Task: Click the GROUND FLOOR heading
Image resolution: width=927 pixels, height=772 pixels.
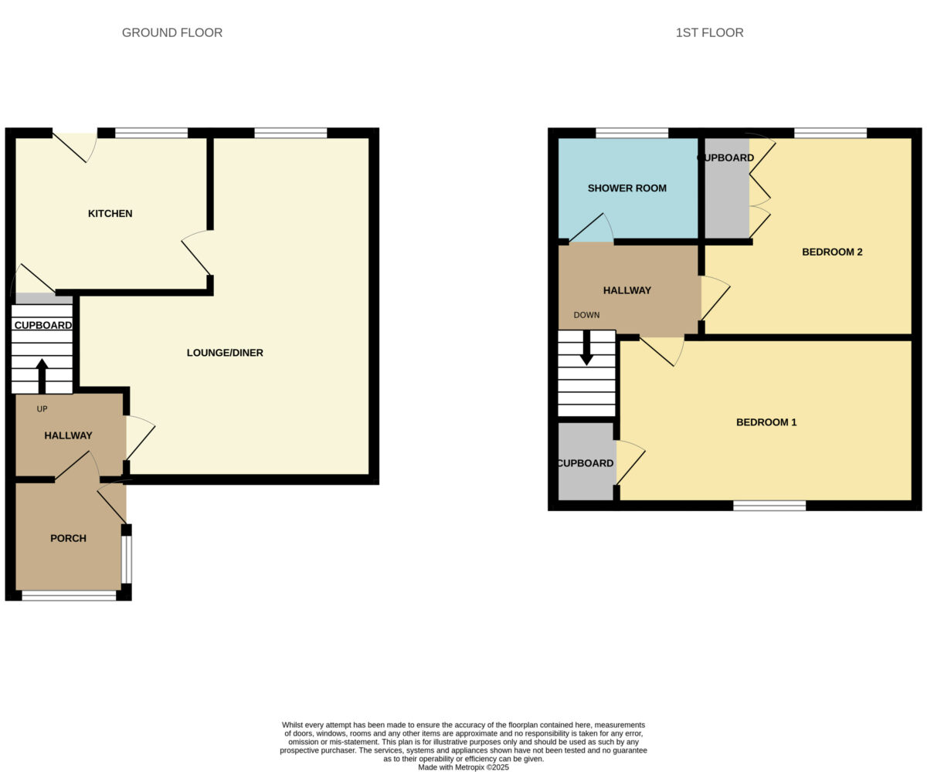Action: (x=172, y=33)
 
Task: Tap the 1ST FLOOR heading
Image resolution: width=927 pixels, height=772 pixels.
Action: (x=709, y=33)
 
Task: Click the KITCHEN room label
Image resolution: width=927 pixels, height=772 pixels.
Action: (x=110, y=213)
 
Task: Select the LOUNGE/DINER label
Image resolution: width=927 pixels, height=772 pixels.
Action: (x=225, y=353)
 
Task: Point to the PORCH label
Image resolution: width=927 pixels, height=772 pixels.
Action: (x=69, y=538)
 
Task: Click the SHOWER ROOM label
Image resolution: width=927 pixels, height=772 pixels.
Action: (x=626, y=188)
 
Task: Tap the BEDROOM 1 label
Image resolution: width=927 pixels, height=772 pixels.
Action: (x=766, y=422)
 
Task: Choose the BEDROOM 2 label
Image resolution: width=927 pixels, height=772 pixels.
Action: (x=832, y=252)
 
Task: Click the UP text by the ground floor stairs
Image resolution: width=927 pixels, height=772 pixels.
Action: (x=42, y=409)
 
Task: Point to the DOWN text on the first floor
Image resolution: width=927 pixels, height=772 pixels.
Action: (x=586, y=315)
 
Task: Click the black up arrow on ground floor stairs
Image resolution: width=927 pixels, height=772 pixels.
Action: (x=42, y=376)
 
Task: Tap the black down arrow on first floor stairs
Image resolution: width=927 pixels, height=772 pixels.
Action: (x=587, y=348)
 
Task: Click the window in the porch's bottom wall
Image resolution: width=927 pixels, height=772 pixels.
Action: (x=69, y=595)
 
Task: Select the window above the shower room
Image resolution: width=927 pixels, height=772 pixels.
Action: (x=632, y=133)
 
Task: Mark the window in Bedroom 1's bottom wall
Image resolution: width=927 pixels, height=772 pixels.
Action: (x=769, y=506)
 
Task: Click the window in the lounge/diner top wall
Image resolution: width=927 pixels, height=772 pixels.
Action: (x=290, y=133)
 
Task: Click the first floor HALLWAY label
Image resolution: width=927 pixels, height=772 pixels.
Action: (x=626, y=290)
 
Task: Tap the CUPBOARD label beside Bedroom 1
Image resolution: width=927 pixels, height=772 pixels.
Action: (x=585, y=463)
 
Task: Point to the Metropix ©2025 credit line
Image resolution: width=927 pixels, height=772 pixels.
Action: (x=463, y=767)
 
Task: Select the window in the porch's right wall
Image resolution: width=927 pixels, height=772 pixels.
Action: (x=127, y=560)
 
